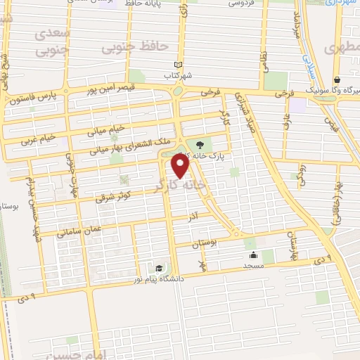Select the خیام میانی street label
105,129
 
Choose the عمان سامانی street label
78,231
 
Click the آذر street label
193,219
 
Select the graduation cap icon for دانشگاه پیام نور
160,269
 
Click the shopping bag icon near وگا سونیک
337,79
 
